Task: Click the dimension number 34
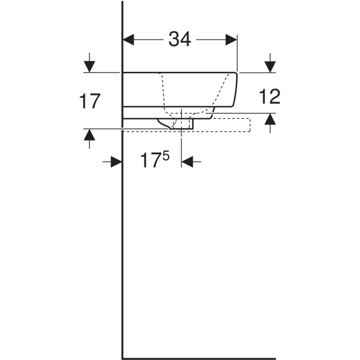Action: tap(179, 40)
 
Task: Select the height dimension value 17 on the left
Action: tap(89, 101)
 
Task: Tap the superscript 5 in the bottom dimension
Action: tap(166, 155)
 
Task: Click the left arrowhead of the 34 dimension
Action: tap(128, 40)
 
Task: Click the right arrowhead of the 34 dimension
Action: tap(232, 40)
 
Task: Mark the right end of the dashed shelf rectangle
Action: tap(250, 123)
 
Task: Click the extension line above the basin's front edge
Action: tap(238, 54)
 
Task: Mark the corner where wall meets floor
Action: tap(123, 358)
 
